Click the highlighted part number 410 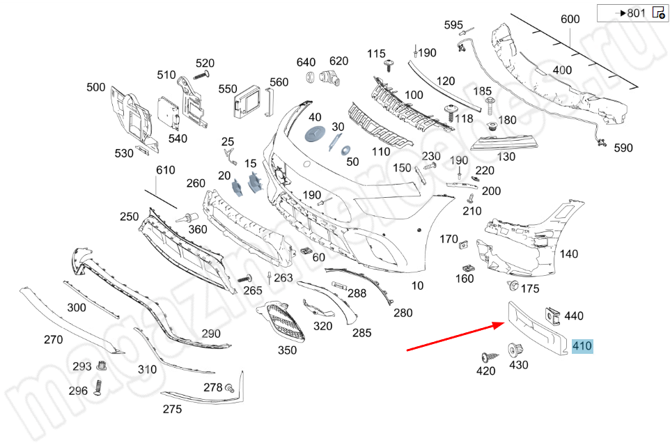(582, 346)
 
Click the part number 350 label (287, 350)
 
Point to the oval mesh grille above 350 (284, 322)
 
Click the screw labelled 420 (485, 357)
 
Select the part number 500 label (96, 88)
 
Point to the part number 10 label (417, 286)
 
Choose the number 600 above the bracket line (570, 20)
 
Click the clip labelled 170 (463, 243)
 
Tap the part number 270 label (53, 340)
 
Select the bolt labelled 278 (229, 388)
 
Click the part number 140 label (568, 254)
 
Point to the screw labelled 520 (201, 75)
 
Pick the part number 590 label (623, 148)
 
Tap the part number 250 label (129, 217)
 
